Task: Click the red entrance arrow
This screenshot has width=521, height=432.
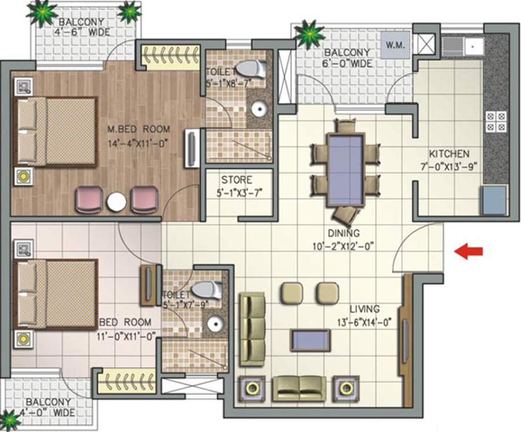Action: (468, 251)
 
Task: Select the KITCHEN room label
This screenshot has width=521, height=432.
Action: (449, 154)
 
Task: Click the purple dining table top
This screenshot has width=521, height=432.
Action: (346, 169)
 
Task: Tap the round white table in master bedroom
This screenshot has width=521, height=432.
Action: (116, 202)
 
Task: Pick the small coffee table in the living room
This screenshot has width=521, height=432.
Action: (311, 341)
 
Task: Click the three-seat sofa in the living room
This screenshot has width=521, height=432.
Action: (252, 321)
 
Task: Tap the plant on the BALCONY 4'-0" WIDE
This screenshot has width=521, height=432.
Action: (8, 418)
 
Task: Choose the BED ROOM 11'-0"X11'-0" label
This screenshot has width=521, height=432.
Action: (125, 322)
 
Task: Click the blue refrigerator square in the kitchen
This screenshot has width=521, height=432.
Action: (494, 199)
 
